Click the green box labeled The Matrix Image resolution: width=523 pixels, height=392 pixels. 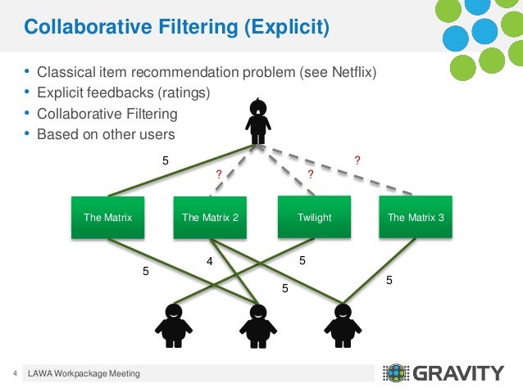pyautogui.click(x=107, y=217)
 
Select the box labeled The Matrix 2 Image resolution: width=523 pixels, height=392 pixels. pyautogui.click(x=211, y=217)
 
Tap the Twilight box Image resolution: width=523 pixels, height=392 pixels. pyautogui.click(x=315, y=217)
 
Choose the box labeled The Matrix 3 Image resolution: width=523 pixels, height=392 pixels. pyautogui.click(x=416, y=217)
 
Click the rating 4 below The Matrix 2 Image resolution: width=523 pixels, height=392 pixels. pyautogui.click(x=209, y=262)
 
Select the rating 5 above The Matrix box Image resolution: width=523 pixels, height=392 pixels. pyautogui.click(x=165, y=161)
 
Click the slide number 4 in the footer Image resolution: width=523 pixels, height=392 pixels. pyautogui.click(x=15, y=374)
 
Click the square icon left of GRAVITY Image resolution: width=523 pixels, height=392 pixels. pyautogui.click(x=395, y=374)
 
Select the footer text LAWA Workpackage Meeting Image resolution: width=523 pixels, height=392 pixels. pyautogui.click(x=84, y=374)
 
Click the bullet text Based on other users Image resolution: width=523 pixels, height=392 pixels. pyautogui.click(x=107, y=133)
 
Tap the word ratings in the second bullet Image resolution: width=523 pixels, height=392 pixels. pyautogui.click(x=185, y=92)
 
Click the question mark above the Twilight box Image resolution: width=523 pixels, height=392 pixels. pyautogui.click(x=311, y=174)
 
